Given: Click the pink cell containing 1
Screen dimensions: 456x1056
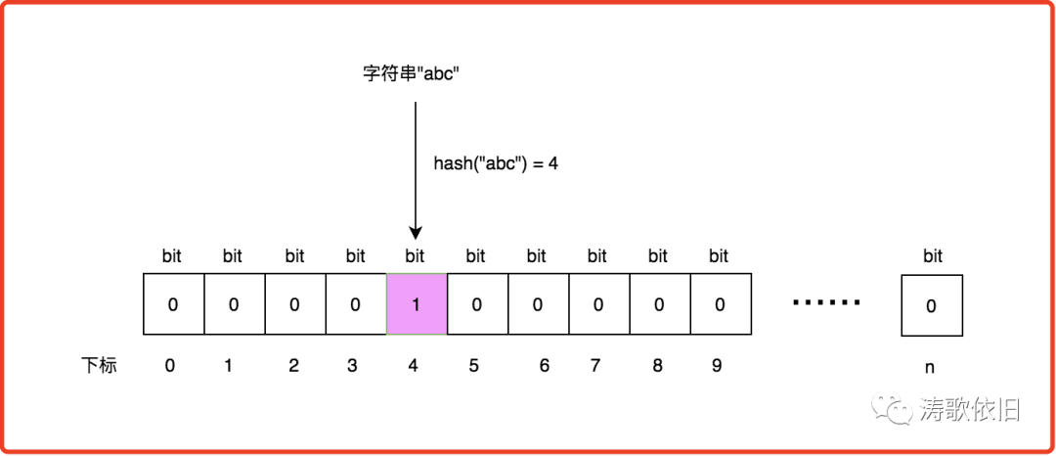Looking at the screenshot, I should click(416, 304).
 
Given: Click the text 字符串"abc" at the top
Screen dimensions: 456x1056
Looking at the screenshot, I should click(411, 75).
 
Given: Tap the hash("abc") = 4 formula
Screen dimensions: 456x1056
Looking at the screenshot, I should click(496, 163).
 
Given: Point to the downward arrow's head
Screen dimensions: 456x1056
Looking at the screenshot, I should click(416, 233).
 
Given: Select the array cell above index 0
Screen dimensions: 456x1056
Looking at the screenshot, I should click(173, 304).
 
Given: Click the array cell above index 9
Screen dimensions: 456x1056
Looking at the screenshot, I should click(720, 304).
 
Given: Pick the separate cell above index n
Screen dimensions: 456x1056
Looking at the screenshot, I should click(932, 305).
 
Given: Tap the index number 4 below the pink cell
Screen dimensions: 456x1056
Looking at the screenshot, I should click(414, 367).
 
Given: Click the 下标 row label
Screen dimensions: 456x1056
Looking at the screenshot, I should click(98, 367).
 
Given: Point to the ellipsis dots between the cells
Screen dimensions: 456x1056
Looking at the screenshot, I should click(826, 302).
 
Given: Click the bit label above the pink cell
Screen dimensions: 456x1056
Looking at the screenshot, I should click(415, 256).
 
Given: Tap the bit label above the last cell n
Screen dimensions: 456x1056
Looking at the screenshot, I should click(933, 256).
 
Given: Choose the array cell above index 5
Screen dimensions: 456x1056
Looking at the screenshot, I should click(476, 304).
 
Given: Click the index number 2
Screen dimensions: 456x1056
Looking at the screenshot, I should click(293, 367).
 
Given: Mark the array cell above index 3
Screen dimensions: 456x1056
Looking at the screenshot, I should click(355, 304).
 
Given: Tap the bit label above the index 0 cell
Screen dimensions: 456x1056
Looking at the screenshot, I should click(172, 256).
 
